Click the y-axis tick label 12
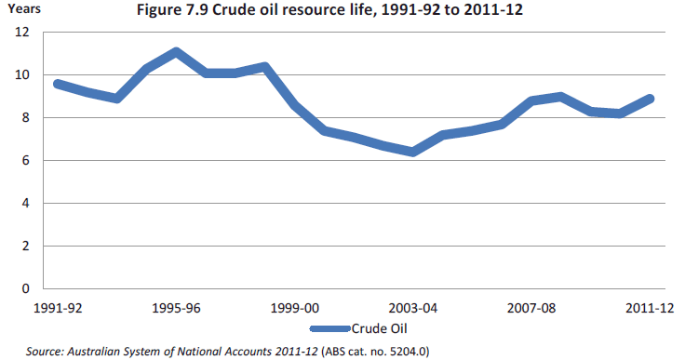tap(23, 33)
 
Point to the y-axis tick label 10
tap(23, 75)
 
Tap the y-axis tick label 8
tap(26, 118)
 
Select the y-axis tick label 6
tap(26, 161)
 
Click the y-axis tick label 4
tap(26, 204)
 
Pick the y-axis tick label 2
tap(26, 247)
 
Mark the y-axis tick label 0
tap(26, 289)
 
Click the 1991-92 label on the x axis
tap(58, 308)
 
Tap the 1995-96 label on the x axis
tap(176, 308)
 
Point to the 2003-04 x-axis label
tap(412, 308)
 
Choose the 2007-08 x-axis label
tap(531, 308)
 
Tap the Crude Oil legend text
tap(378, 328)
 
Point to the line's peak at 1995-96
tap(176, 52)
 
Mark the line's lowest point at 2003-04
tap(412, 152)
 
